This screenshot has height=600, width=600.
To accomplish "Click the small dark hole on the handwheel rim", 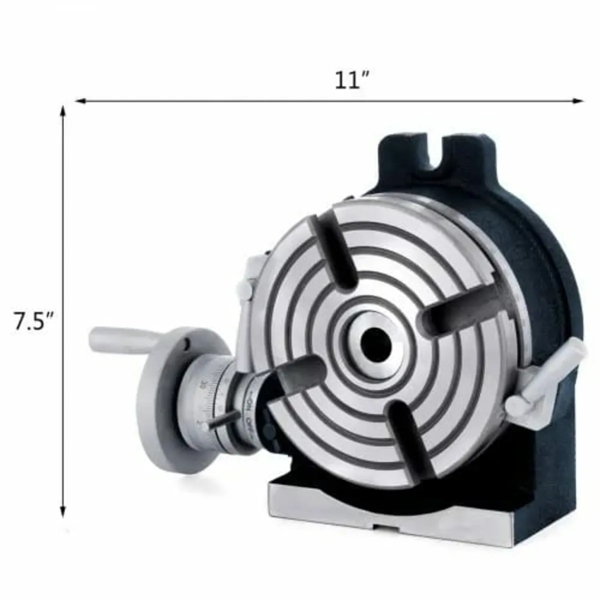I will coord(186,344).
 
